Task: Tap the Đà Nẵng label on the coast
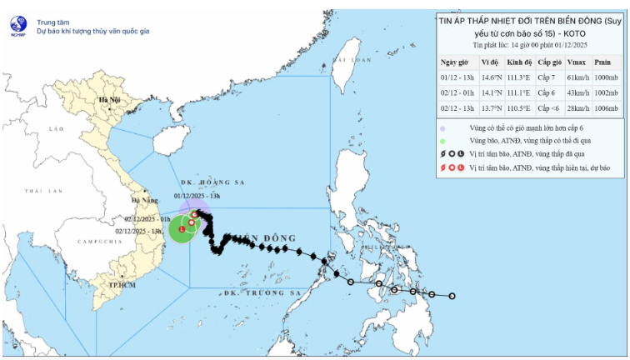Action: point(141,201)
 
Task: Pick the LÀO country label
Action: point(56,129)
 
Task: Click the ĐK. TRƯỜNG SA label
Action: point(262,293)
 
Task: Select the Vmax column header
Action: point(575,62)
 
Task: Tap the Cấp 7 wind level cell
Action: point(547,77)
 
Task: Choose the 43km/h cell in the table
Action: point(575,92)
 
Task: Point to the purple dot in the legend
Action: point(443,129)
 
